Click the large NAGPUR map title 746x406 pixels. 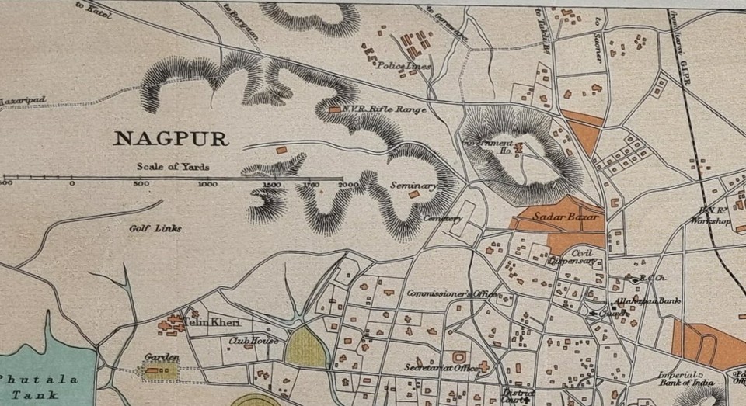(x=171, y=139)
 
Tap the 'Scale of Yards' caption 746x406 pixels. (x=173, y=166)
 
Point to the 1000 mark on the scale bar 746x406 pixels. (x=207, y=184)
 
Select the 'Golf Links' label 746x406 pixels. (x=155, y=228)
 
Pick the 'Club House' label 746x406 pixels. (x=253, y=340)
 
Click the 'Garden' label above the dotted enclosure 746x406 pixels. (x=162, y=357)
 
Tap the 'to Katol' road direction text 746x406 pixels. (x=91, y=9)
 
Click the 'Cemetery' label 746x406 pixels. (x=442, y=219)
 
